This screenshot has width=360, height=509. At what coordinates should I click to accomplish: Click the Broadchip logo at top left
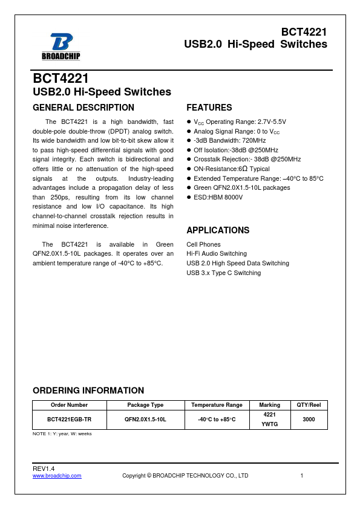61,47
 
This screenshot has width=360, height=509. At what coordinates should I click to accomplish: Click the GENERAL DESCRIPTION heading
83,108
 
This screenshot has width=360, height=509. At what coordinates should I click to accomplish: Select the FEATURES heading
209,108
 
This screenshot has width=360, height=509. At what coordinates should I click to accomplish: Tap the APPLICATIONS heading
218,230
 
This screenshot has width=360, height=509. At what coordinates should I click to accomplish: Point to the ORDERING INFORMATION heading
88,391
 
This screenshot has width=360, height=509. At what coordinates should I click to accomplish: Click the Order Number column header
70,405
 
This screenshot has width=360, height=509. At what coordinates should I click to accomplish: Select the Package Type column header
145,405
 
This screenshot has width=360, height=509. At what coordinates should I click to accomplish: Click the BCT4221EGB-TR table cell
70,419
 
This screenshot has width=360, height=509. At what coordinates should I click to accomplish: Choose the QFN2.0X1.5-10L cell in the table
145,419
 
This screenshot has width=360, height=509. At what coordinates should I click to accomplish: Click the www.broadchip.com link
57,476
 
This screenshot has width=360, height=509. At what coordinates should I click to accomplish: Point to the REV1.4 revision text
44,469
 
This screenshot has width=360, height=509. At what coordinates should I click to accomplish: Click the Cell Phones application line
203,245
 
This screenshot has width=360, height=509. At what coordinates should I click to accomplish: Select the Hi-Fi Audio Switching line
217,254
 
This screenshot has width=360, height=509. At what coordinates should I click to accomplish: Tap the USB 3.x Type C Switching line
224,273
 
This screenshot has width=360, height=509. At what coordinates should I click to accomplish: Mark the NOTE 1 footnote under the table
62,433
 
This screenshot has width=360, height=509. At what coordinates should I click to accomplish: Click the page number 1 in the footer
301,476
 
